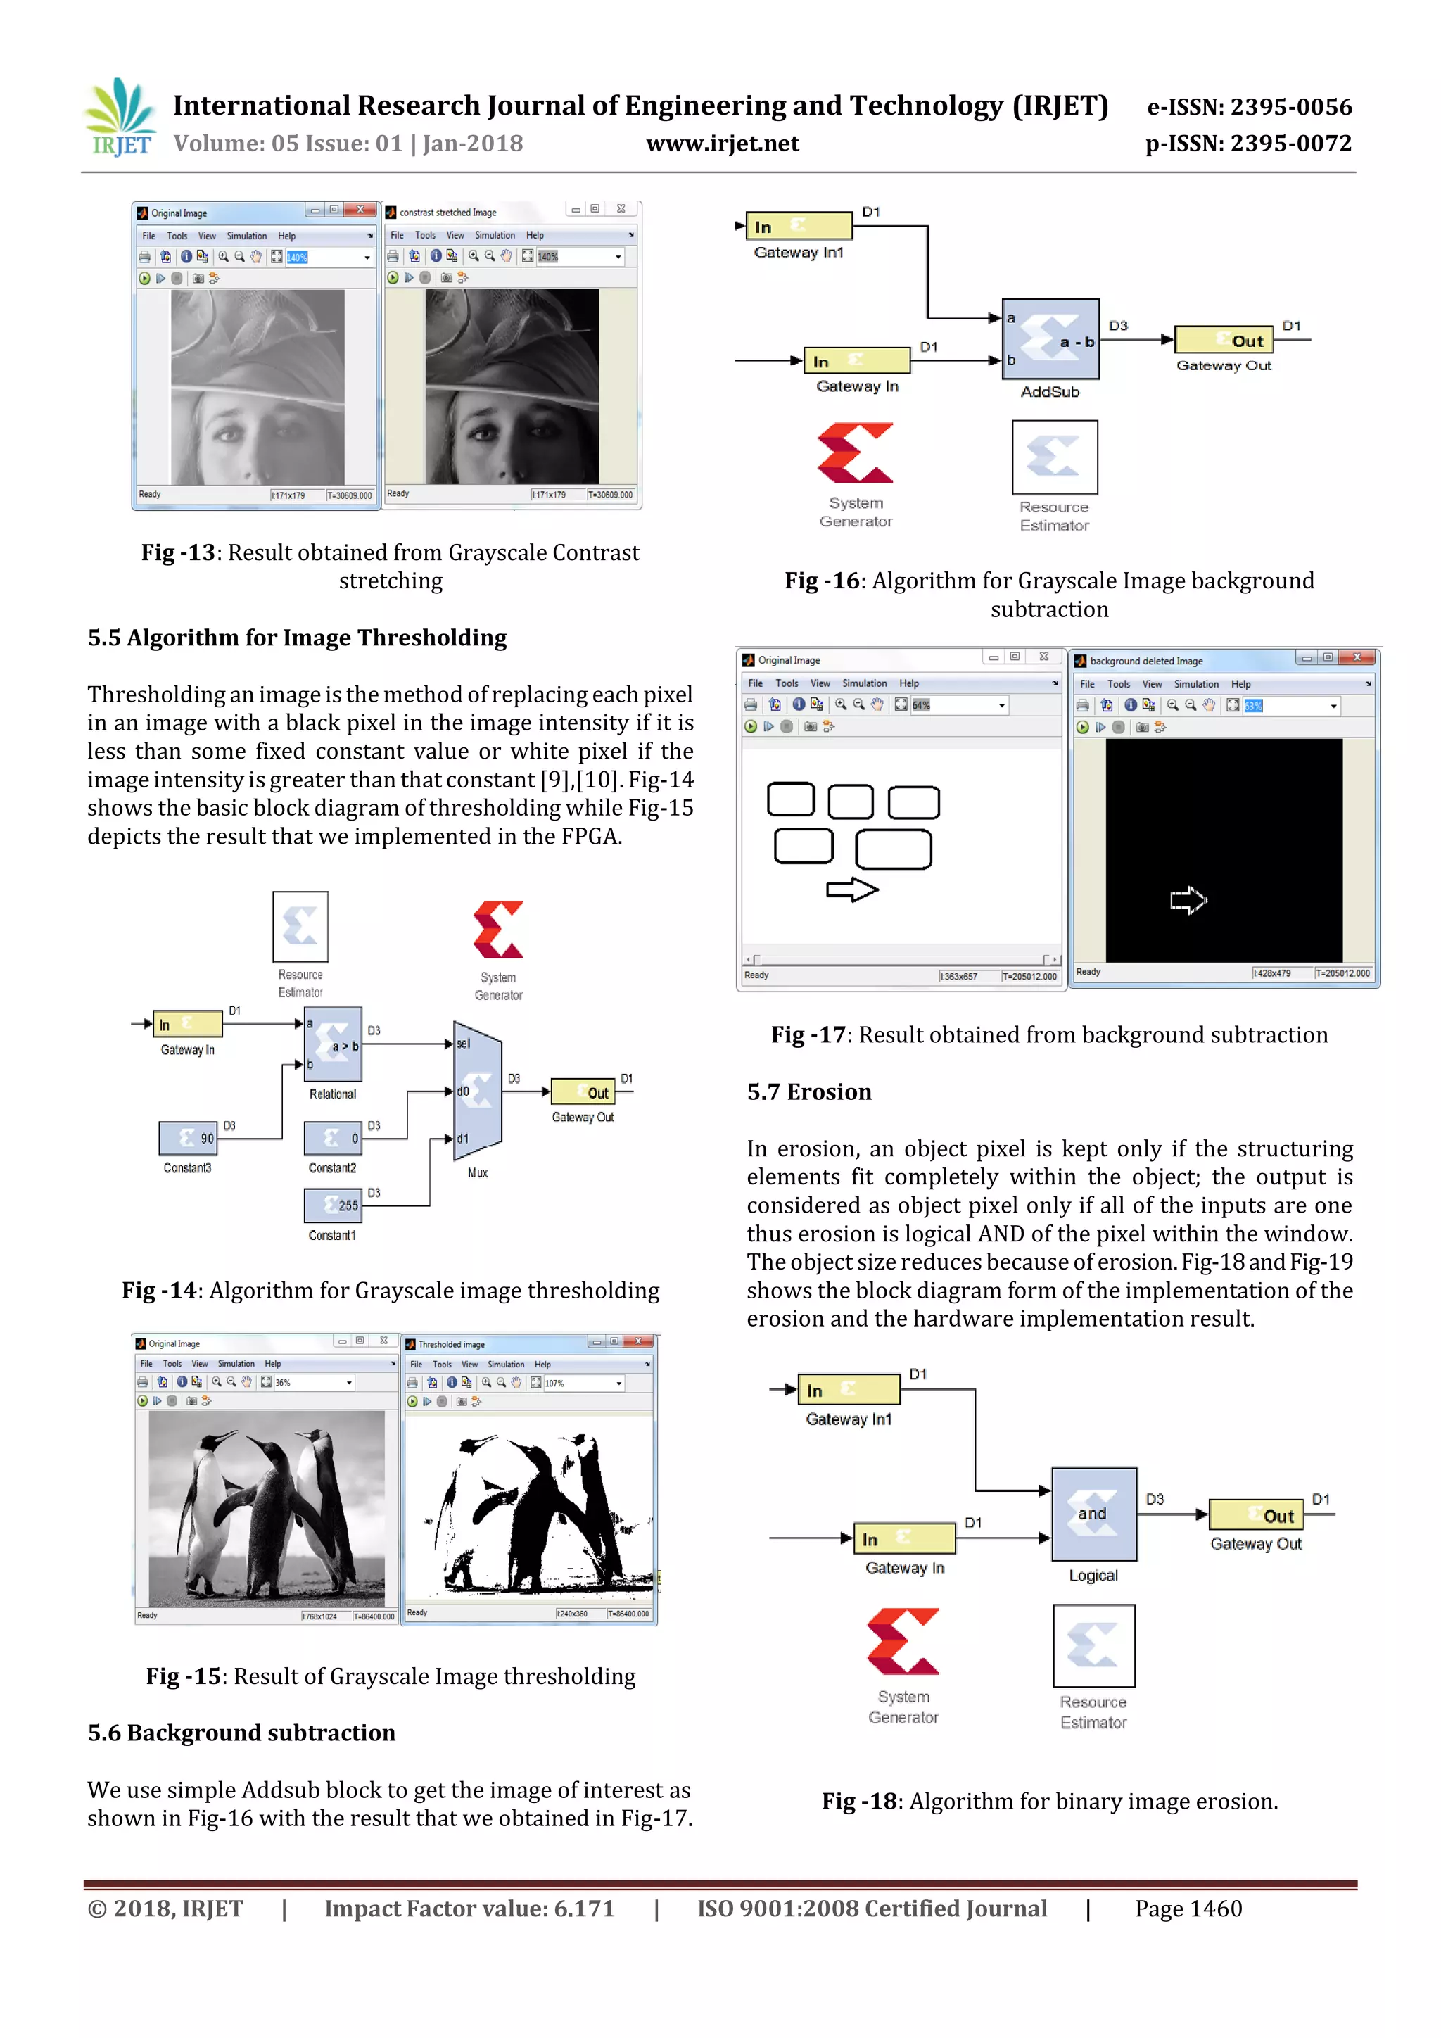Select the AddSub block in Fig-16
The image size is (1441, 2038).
(x=1050, y=340)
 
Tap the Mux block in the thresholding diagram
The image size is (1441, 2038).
(x=477, y=1091)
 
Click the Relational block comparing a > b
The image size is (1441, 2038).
(x=333, y=1044)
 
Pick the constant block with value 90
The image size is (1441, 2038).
(x=187, y=1138)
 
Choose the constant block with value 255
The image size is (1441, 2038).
(x=333, y=1205)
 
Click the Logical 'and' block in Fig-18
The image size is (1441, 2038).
(x=1093, y=1514)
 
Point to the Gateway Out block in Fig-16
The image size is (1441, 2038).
(x=1224, y=340)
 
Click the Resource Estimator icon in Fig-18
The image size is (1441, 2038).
(x=1093, y=1645)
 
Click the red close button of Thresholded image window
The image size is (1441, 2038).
(x=638, y=1341)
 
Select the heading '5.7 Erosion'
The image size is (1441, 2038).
(x=809, y=1091)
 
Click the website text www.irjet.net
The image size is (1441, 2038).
(x=723, y=144)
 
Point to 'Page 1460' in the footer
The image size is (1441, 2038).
(x=1188, y=1909)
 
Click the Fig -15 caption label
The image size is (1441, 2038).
(x=184, y=1676)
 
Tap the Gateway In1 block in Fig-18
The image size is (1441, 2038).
(x=849, y=1390)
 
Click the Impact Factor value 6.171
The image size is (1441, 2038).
(x=584, y=1909)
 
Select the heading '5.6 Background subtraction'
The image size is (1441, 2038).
(x=241, y=1733)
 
